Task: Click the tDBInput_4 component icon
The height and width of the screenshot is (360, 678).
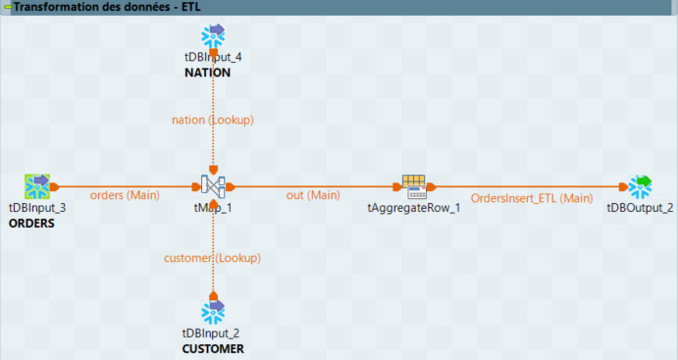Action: point(213,37)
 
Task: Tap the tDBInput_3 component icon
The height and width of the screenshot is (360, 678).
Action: point(37,185)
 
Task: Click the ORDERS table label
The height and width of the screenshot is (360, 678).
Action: point(32,223)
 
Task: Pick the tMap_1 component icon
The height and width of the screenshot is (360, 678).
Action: point(213,185)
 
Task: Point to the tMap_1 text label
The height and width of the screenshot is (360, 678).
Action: point(213,208)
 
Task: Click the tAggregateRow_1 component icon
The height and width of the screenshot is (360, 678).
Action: point(414,185)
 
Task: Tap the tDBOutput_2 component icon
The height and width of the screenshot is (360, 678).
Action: point(642,185)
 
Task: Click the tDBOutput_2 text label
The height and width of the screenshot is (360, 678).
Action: point(641,208)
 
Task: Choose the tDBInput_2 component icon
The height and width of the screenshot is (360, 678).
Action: point(213,311)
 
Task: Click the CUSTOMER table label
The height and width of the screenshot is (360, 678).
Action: point(213,348)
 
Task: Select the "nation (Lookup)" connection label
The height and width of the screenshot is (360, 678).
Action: point(213,120)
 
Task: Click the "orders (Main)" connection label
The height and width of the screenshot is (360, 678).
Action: point(124,195)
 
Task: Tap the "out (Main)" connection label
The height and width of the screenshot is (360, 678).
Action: point(313,195)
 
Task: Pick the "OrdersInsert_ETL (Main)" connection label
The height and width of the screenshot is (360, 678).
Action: point(532,197)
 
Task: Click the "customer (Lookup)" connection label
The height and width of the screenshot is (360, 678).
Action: point(212,258)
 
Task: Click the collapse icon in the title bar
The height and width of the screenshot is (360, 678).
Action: point(6,7)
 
